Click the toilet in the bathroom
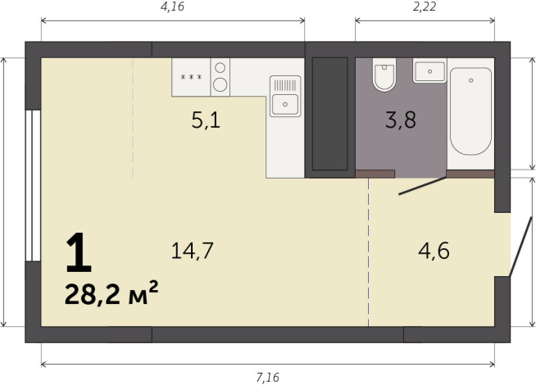tap(384, 75)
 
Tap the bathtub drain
tap(471, 80)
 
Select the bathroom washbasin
tap(429, 71)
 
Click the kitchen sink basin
tap(284, 104)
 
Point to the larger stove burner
tap(220, 84)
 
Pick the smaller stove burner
tap(220, 68)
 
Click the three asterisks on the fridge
tap(191, 77)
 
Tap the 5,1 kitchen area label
tap(206, 120)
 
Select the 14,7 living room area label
tap(192, 251)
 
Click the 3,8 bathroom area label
tap(400, 120)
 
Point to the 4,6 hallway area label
tap(434, 251)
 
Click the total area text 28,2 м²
tap(111, 294)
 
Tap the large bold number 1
tap(79, 252)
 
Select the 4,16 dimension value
tap(172, 7)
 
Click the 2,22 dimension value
tap(425, 7)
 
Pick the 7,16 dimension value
tap(268, 377)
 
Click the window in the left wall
tap(33, 185)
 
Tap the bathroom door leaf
tap(423, 186)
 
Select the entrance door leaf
tap(520, 246)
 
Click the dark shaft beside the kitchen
tap(329, 114)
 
